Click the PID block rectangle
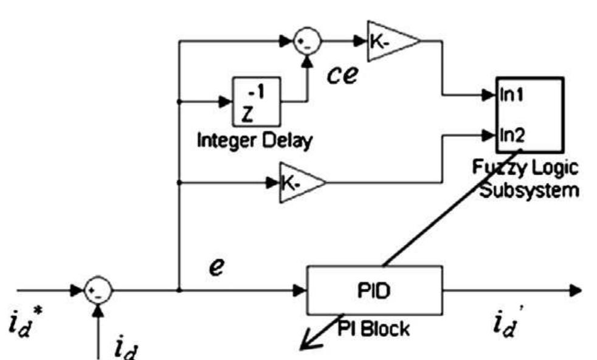click(375, 289)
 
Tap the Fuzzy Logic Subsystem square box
click(527, 115)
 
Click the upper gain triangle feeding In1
click(390, 42)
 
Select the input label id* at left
click(24, 325)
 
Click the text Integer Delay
click(255, 142)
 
